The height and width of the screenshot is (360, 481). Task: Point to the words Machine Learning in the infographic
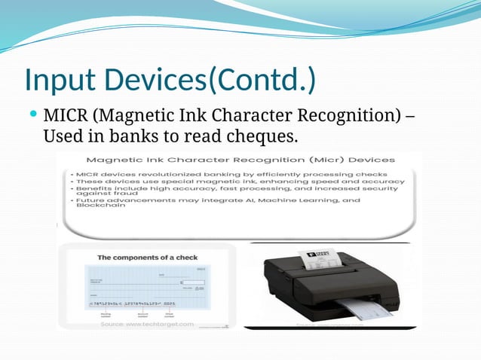293,201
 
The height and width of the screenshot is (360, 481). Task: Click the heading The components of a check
148,258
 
